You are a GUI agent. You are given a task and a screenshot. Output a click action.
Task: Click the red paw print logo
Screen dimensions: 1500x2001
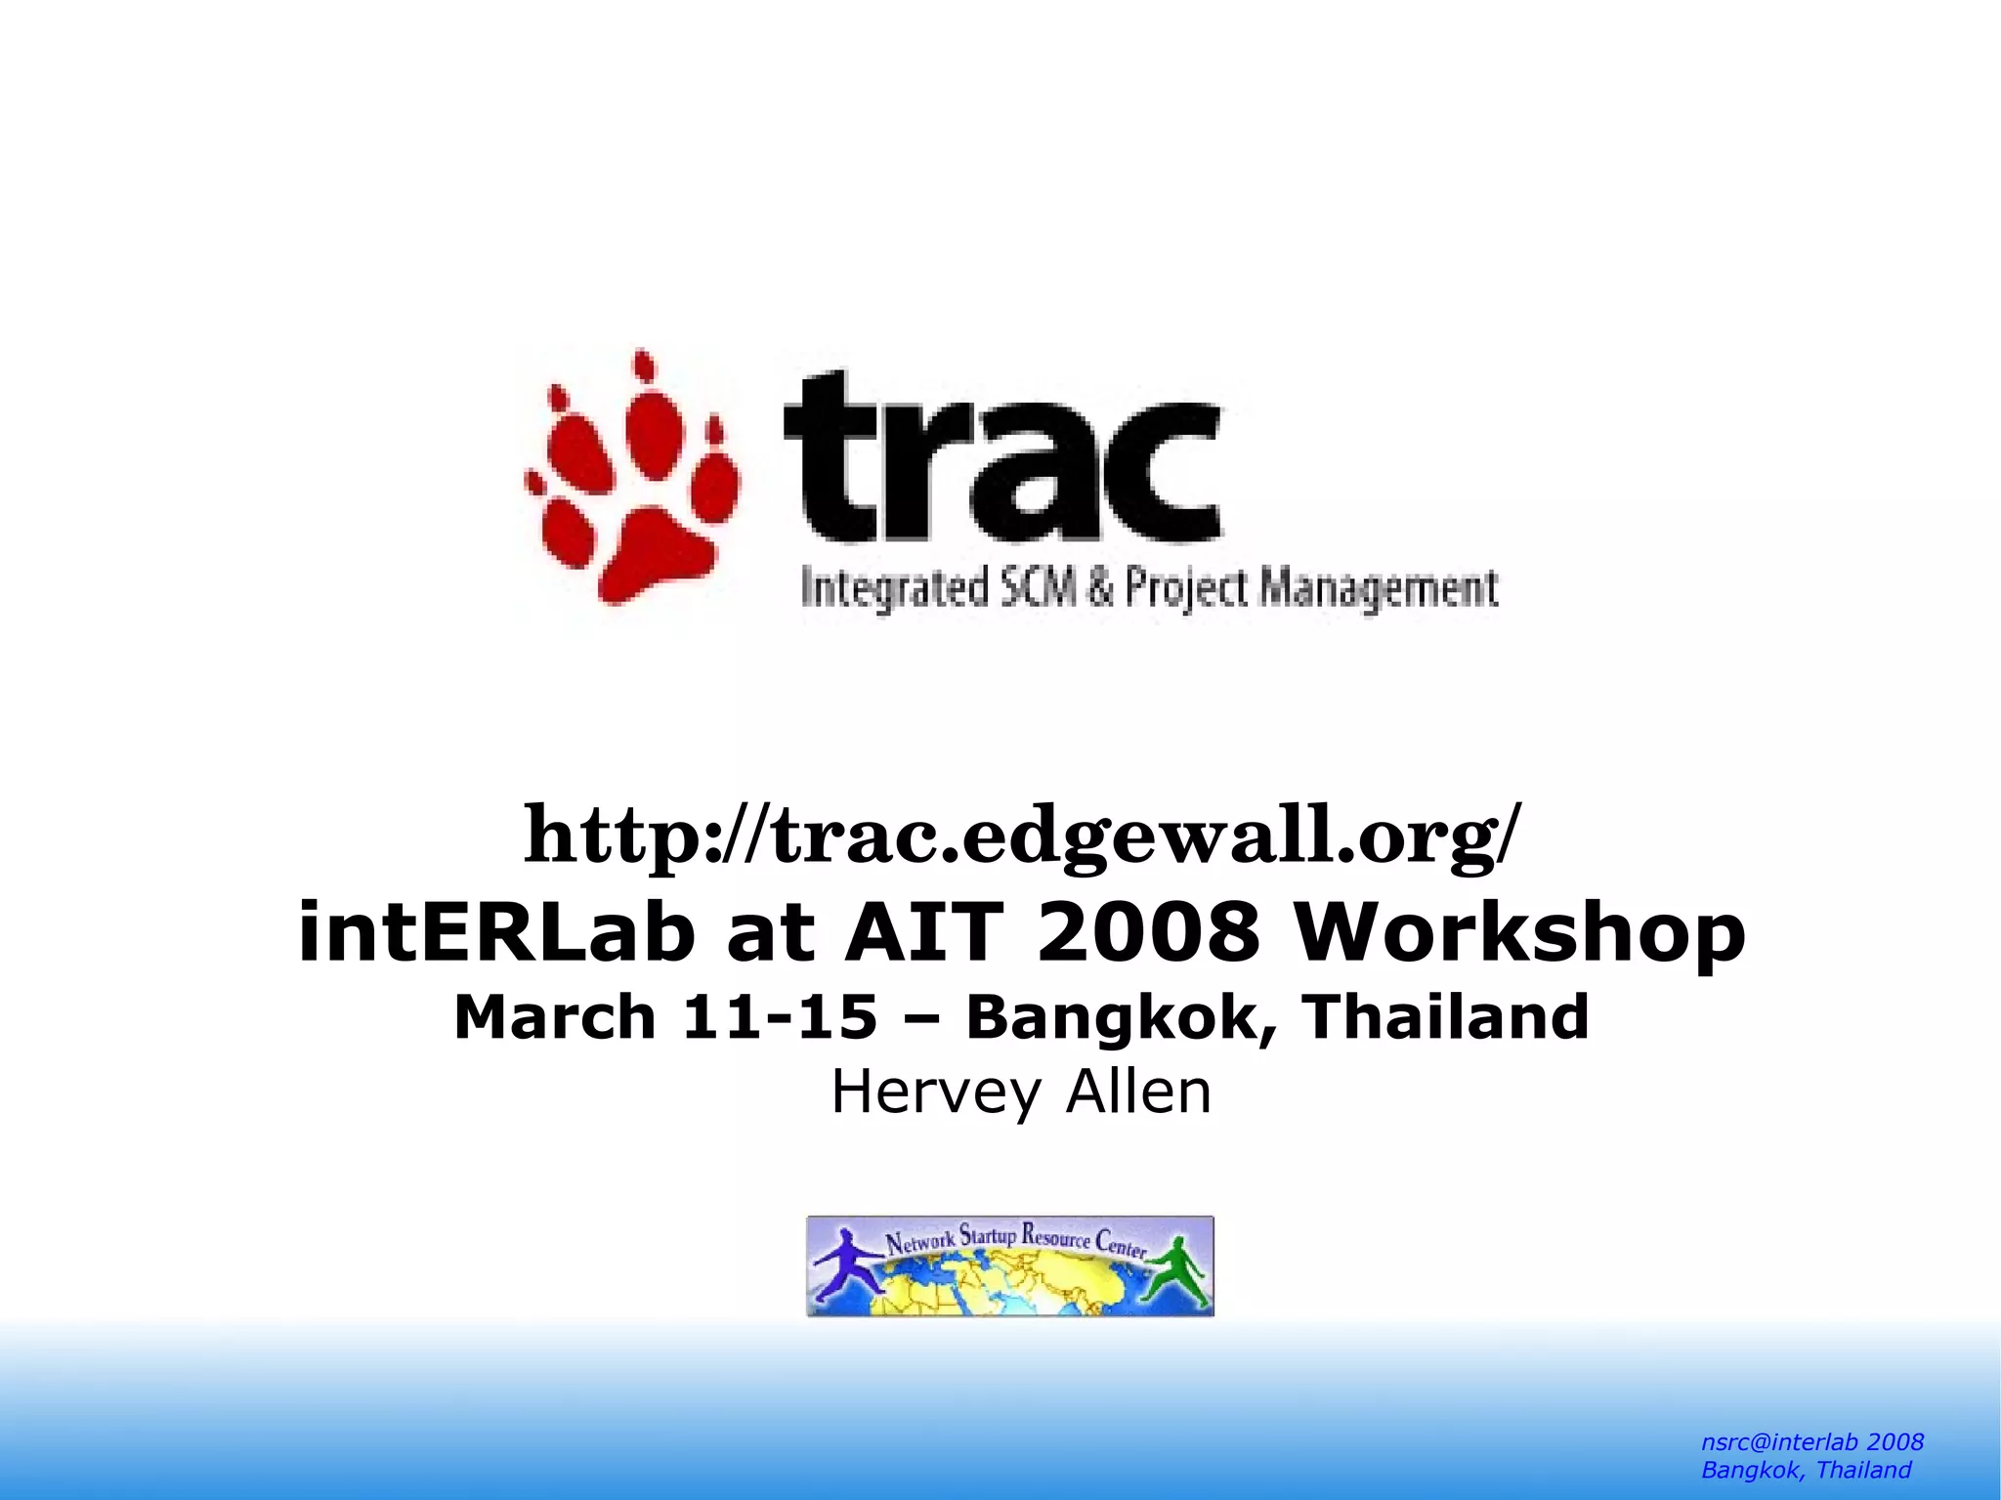point(633,479)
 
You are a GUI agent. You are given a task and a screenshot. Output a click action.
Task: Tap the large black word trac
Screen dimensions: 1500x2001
point(1001,457)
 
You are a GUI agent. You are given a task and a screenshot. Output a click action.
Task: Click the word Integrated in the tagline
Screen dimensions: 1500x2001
point(891,589)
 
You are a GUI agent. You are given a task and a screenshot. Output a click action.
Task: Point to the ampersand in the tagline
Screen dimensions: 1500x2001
point(1101,589)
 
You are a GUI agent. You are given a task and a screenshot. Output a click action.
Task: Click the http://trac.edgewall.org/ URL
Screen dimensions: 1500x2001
point(1022,836)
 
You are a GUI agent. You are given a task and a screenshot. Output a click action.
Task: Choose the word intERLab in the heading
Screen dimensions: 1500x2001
point(495,932)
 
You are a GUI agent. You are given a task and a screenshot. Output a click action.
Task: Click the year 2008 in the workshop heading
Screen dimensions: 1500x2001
point(1148,932)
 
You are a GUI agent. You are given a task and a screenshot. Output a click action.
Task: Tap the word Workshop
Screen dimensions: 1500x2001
point(1519,932)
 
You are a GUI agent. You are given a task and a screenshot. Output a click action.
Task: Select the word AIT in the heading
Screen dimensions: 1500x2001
point(924,932)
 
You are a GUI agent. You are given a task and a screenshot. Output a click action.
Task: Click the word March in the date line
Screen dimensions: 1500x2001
point(555,1017)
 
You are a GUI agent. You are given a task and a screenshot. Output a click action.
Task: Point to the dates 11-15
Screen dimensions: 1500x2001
point(779,1017)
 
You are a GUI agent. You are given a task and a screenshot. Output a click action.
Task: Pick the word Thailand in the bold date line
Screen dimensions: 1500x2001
point(1447,1017)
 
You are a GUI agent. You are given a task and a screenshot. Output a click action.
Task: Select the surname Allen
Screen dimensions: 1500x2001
point(1138,1093)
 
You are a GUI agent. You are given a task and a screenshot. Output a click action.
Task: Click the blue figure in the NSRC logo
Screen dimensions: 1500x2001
point(843,1264)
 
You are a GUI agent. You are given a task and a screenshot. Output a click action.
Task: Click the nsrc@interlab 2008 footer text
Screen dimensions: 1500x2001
point(1812,1442)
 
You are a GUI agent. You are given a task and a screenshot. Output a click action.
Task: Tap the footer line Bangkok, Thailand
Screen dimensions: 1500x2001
point(1806,1470)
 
